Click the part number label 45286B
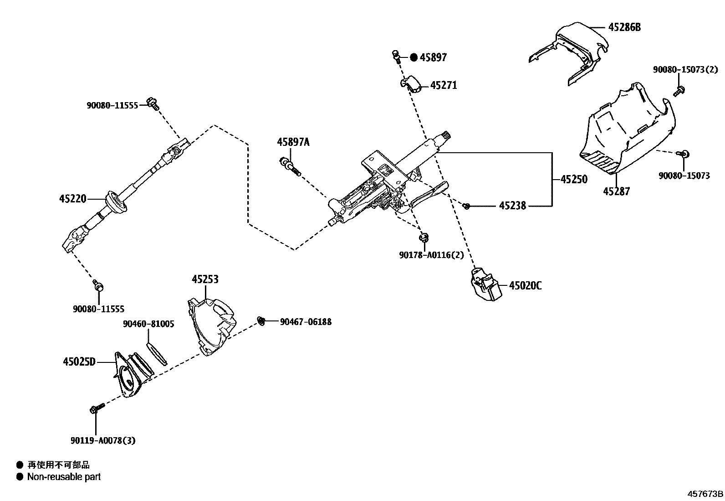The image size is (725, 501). [x=624, y=27]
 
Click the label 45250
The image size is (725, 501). [x=574, y=179]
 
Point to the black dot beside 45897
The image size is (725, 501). [x=414, y=57]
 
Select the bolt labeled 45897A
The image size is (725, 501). [x=290, y=166]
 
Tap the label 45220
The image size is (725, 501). [x=72, y=199]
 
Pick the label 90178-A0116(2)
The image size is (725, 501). [x=431, y=255]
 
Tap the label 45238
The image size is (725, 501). [x=512, y=206]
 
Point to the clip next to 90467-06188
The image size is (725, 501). [x=261, y=321]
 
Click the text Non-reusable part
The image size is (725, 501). [x=64, y=477]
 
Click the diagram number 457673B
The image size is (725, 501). [x=705, y=494]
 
